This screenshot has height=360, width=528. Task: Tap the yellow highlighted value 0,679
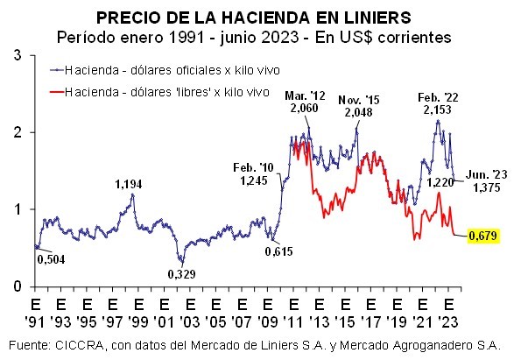(483, 236)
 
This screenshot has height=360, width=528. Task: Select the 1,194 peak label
(129, 185)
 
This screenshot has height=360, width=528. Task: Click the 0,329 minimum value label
(182, 274)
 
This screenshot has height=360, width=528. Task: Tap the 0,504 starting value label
(50, 259)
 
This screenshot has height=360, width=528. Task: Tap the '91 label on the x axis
(36, 322)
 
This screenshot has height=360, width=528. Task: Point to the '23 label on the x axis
(449, 322)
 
